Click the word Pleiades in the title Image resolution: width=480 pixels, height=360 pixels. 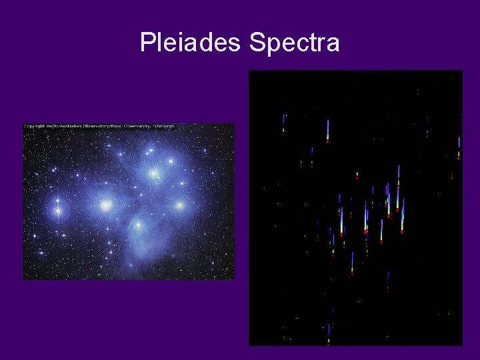(x=191, y=43)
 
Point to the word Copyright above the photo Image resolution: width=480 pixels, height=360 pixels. (x=36, y=126)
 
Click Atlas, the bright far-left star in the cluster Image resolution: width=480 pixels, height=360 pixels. (x=58, y=211)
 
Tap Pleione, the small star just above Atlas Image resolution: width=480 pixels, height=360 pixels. (x=57, y=199)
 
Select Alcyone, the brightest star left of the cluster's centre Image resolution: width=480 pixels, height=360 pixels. (x=105, y=206)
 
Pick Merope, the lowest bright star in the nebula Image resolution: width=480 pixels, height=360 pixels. (x=138, y=225)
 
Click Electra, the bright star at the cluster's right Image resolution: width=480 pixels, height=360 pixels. (x=179, y=205)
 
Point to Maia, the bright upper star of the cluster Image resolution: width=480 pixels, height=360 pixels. (x=154, y=174)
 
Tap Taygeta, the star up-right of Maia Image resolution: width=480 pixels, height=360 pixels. (x=171, y=161)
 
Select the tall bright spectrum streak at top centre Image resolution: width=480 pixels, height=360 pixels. (x=327, y=131)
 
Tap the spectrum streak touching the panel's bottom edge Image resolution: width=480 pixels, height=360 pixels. (x=328, y=334)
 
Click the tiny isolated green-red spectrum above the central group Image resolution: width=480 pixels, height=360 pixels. (x=357, y=175)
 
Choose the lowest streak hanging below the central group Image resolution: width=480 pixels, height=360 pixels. (x=352, y=263)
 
